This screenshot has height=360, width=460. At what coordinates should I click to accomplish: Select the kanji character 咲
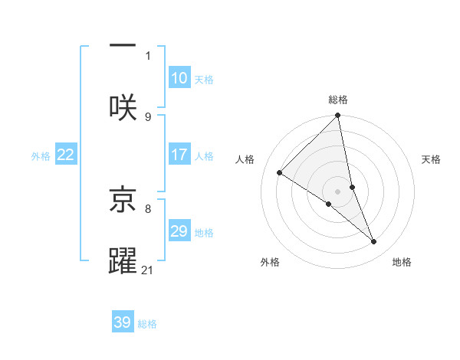[123, 107]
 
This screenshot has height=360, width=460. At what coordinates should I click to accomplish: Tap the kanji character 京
[123, 198]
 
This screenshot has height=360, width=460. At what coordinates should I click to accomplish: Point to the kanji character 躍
[123, 260]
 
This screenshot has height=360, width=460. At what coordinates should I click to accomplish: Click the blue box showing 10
[179, 78]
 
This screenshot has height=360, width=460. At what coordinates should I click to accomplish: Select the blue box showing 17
[179, 155]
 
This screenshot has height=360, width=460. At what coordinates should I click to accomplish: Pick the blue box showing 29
[179, 231]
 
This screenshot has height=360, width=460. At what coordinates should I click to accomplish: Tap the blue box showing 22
[66, 155]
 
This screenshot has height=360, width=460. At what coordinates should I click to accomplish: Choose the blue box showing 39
[123, 322]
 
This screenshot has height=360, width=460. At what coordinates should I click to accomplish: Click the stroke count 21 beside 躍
[148, 270]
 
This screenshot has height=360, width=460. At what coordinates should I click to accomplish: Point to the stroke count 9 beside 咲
[148, 116]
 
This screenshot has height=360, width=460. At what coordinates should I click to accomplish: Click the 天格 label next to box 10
[203, 80]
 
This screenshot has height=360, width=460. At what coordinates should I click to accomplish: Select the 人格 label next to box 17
[203, 156]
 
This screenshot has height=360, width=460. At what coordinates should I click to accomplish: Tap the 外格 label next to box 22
[41, 156]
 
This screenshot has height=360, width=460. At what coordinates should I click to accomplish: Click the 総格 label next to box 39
[147, 324]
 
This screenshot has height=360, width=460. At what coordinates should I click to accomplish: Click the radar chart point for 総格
[338, 116]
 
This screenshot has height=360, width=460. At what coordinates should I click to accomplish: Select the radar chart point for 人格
[280, 172]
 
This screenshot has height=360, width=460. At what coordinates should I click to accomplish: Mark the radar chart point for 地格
[374, 241]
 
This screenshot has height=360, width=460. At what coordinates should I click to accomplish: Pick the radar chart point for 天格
[352, 187]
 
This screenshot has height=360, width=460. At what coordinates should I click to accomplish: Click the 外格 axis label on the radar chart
[270, 262]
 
